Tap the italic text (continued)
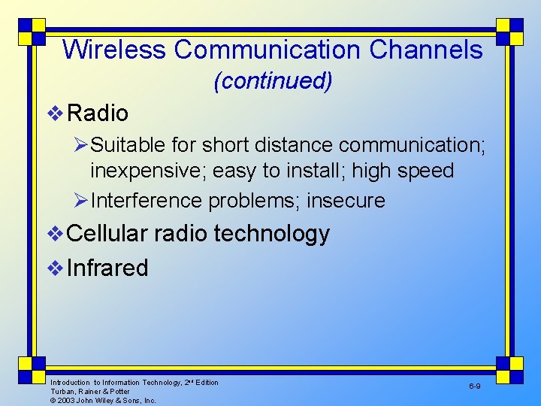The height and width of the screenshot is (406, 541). pyautogui.click(x=273, y=81)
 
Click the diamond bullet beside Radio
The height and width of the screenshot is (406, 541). pyautogui.click(x=55, y=114)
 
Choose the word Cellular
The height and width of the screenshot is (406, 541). pyautogui.click(x=107, y=234)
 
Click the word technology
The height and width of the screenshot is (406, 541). pyautogui.click(x=271, y=235)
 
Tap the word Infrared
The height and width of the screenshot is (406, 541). pyautogui.click(x=107, y=268)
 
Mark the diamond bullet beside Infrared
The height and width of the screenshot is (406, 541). pyautogui.click(x=55, y=268)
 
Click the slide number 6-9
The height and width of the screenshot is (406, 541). pyautogui.click(x=475, y=386)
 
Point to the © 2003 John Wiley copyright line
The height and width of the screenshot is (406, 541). pyautogui.click(x=103, y=401)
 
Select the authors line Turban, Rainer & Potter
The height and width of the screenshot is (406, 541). pyautogui.click(x=89, y=392)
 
